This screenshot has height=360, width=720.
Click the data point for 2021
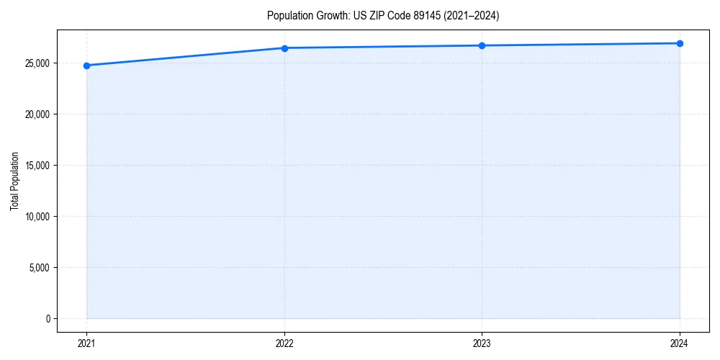pyautogui.click(x=86, y=66)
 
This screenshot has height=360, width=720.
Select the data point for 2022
pyautogui.click(x=284, y=48)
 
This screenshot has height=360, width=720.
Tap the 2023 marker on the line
pyautogui.click(x=482, y=45)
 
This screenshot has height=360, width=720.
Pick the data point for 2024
pyautogui.click(x=680, y=43)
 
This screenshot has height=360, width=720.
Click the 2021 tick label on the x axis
pyautogui.click(x=86, y=343)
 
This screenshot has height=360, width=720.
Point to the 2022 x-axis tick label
pyautogui.click(x=284, y=343)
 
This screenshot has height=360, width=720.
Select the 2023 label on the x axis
pyautogui.click(x=482, y=343)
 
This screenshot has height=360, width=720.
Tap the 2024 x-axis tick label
pyautogui.click(x=680, y=343)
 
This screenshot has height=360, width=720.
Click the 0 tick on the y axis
pyautogui.click(x=48, y=319)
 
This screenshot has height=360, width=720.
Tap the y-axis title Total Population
pyautogui.click(x=14, y=181)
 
